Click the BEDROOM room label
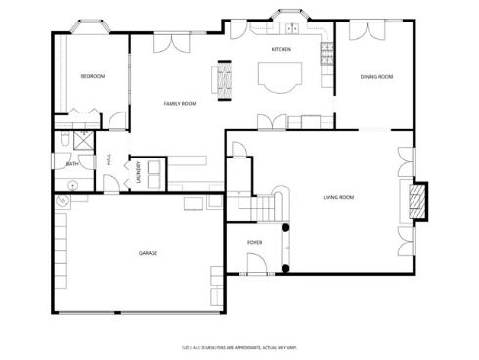point(92,76)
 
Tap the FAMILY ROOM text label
point(180,103)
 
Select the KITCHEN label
point(282,49)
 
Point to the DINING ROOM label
point(376,76)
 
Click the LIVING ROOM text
point(338,197)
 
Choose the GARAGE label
point(148,252)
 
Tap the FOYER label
point(254,240)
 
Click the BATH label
point(72,164)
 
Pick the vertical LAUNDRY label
point(139,172)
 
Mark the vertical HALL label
point(109,159)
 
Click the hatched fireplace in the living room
point(416,202)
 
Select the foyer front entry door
point(255,264)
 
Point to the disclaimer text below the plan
point(239,345)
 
